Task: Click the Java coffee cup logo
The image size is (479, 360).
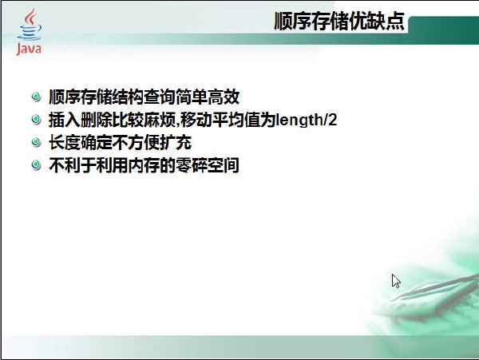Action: pos(29,31)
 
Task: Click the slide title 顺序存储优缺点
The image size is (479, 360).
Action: pos(339,21)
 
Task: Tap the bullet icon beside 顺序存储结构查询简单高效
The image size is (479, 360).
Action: pos(36,97)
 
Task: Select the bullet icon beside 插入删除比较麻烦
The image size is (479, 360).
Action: pos(36,120)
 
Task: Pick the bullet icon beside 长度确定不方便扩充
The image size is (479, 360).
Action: pos(36,142)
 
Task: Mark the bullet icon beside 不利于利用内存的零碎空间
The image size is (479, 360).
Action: pos(36,165)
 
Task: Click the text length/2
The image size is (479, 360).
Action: pos(307,120)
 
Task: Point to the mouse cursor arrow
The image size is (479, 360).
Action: pos(396,281)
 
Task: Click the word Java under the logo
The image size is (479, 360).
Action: pos(29,49)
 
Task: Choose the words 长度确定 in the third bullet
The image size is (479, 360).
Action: pos(81,142)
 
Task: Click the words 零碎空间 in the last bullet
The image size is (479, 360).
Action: pos(208,165)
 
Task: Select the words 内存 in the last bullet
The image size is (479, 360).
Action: pos(144,165)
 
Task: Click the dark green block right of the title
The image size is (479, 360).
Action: pos(444,30)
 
